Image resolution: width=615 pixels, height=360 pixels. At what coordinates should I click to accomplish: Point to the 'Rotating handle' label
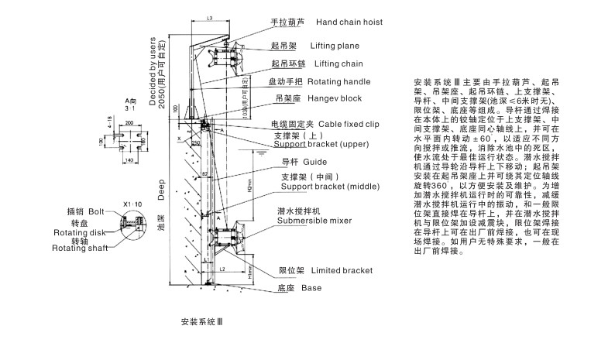[x=338, y=81]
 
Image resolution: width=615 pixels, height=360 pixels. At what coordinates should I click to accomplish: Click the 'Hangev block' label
[x=335, y=99]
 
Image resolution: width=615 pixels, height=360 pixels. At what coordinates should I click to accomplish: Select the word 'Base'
[x=311, y=288]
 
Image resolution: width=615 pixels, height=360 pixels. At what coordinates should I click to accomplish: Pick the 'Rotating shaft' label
[x=80, y=248]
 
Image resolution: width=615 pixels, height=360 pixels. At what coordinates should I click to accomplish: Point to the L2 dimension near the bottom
[x=222, y=268]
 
